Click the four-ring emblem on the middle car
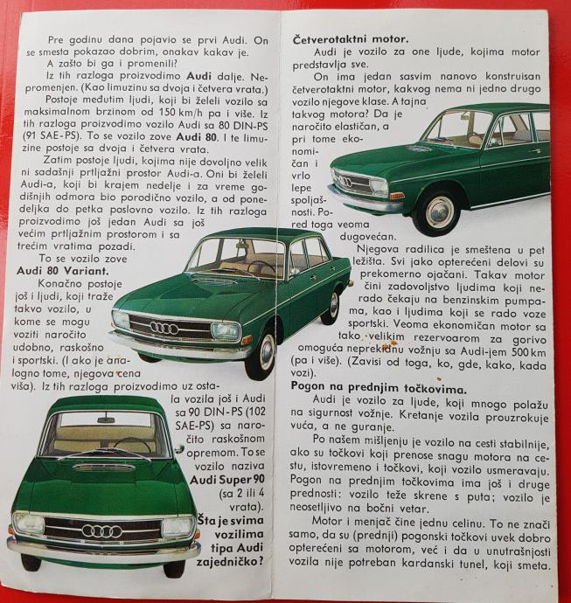tap(164, 328)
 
